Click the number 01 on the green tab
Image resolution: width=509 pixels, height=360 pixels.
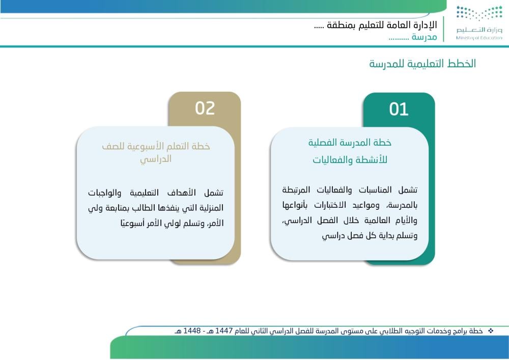click(x=399, y=109)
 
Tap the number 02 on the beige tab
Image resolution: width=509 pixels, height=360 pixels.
click(x=205, y=108)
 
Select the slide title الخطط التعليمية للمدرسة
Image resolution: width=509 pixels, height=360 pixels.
click(x=422, y=64)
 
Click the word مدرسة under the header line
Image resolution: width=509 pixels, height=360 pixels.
click(x=425, y=37)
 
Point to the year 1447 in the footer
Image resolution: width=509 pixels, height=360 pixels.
click(x=224, y=331)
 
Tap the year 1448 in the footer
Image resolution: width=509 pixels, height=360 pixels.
click(x=192, y=331)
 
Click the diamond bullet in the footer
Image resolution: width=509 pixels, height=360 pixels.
click(x=491, y=331)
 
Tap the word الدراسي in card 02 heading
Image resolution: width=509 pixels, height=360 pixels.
click(x=156, y=159)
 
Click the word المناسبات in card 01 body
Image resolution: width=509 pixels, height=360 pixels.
click(x=375, y=189)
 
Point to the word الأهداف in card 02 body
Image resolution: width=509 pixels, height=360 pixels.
click(x=182, y=193)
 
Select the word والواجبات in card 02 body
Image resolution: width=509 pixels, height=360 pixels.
click(x=104, y=193)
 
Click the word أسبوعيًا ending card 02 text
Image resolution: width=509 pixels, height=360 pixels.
click(x=132, y=224)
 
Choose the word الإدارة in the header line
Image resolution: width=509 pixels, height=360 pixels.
click(x=425, y=24)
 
